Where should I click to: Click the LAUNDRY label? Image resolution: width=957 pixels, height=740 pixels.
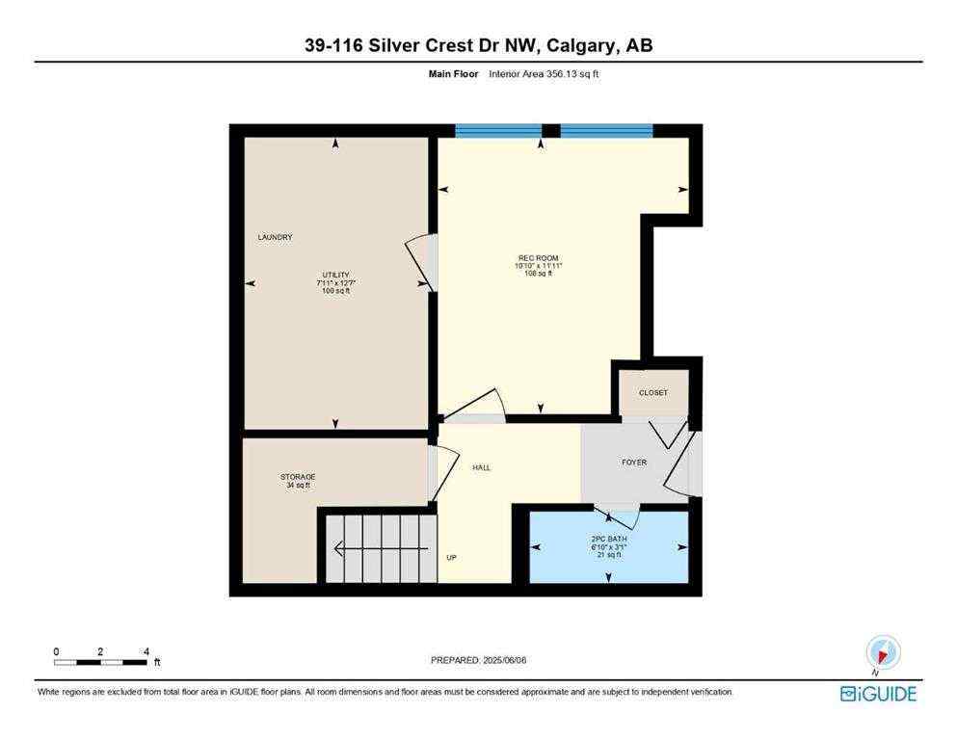tap(275, 237)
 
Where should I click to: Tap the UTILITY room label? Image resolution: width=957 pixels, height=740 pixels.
tap(335, 275)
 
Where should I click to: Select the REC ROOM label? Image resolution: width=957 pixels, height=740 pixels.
tap(539, 258)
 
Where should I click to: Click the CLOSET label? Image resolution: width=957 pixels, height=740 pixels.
tap(652, 393)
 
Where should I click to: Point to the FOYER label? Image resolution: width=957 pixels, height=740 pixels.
tap(634, 462)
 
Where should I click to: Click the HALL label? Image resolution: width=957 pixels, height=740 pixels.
tap(481, 467)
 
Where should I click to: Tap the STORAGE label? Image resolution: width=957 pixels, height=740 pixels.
tap(298, 477)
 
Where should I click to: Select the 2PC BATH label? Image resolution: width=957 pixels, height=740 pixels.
tap(608, 538)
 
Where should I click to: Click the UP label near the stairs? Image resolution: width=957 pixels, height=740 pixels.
tap(451, 557)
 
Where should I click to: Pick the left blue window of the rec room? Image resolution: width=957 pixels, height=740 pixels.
tap(497, 131)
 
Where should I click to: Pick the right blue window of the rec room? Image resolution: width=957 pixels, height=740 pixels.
tap(606, 131)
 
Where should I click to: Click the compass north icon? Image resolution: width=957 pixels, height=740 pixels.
tap(883, 651)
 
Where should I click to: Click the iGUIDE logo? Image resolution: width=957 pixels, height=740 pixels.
tap(878, 694)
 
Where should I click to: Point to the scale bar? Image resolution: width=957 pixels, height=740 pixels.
tap(101, 662)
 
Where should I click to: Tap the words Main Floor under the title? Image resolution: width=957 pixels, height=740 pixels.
tap(453, 73)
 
